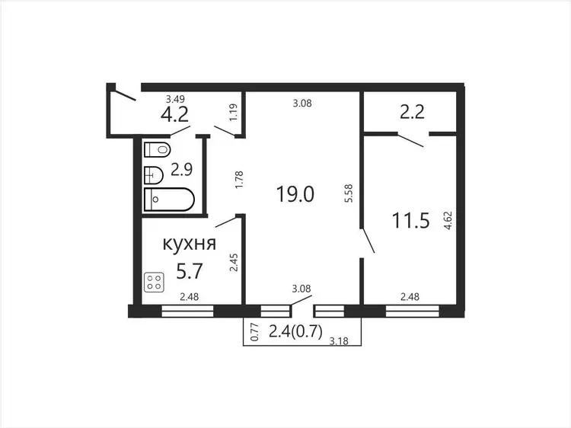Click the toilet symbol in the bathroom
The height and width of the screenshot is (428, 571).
coord(158,149)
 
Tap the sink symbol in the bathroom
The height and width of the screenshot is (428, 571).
coord(153,175)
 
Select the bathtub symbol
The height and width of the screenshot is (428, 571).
coord(169,200)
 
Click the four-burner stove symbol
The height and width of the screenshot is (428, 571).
coord(154,283)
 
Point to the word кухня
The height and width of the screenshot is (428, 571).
coord(189,244)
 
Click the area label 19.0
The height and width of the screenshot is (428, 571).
coord(295,193)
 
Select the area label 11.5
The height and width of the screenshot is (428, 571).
coord(411,221)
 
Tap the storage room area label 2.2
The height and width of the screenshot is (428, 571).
coord(412,112)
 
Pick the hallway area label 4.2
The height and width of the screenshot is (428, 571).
coord(175,114)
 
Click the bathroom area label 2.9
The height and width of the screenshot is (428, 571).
coord(182,170)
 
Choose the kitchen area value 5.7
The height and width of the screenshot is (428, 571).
coord(190,271)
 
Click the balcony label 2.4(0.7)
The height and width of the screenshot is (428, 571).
coord(295,331)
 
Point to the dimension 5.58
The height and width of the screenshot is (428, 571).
coord(349,193)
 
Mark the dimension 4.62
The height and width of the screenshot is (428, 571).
coord(448,220)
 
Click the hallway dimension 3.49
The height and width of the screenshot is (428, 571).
coord(175,99)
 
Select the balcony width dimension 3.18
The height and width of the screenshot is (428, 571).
coord(339,341)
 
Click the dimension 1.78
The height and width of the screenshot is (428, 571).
coord(239,180)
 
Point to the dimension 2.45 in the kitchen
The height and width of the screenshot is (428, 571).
coord(234,262)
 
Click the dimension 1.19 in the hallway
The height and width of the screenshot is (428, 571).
coord(234,113)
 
